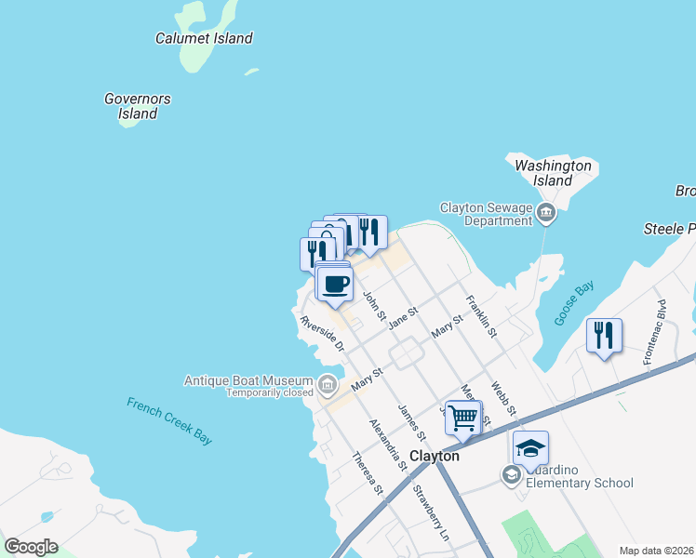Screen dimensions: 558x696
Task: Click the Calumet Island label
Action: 204,38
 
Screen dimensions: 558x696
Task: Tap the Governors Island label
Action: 138,106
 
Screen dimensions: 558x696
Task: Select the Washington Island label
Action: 554,172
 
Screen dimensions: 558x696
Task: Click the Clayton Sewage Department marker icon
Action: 546,215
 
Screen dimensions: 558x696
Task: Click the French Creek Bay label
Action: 169,420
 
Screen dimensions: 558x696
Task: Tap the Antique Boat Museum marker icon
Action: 327,384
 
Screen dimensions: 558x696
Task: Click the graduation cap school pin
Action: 530,448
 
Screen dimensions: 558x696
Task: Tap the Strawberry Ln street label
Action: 431,514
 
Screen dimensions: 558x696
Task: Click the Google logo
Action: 31,547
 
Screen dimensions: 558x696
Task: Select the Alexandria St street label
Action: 388,442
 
